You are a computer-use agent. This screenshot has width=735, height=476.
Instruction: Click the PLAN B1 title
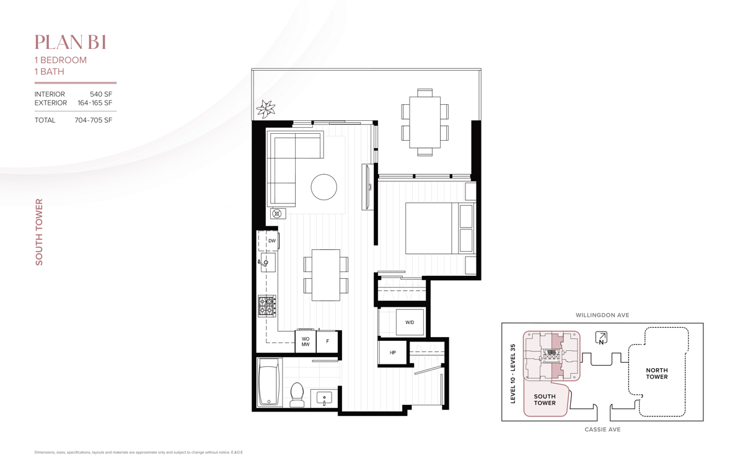pyautogui.click(x=70, y=43)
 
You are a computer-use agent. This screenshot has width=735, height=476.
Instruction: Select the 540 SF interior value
pyautogui.click(x=101, y=94)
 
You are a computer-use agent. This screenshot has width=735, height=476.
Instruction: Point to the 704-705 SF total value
pyautogui.click(x=94, y=120)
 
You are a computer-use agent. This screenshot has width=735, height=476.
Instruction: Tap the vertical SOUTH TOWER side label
pyautogui.click(x=39, y=232)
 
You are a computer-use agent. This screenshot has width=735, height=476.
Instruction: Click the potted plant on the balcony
pyautogui.click(x=266, y=109)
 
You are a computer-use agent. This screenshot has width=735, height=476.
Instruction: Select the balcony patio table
pyautogui.click(x=425, y=122)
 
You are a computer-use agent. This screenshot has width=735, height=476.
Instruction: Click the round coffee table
pyautogui.click(x=323, y=187)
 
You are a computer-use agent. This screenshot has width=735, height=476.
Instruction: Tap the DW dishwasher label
pyautogui.click(x=272, y=241)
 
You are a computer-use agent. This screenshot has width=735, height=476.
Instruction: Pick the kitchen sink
pyautogui.click(x=267, y=263)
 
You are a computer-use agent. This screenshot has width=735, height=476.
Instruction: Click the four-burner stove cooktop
pyautogui.click(x=266, y=306)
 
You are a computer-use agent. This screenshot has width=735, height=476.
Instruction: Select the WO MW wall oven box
pyautogui.click(x=305, y=342)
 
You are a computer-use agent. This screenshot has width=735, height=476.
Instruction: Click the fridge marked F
pyautogui.click(x=327, y=342)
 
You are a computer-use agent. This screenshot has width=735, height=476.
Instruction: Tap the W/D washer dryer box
pyautogui.click(x=410, y=322)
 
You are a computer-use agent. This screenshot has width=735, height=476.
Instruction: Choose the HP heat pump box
pyautogui.click(x=393, y=352)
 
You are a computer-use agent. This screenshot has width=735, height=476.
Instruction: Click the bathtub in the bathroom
pyautogui.click(x=270, y=382)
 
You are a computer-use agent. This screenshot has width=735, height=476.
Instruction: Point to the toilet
pyautogui.click(x=297, y=394)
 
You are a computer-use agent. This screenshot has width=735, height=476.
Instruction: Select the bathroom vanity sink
pyautogui.click(x=324, y=399)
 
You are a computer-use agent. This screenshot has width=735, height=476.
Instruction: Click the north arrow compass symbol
pyautogui.click(x=601, y=338)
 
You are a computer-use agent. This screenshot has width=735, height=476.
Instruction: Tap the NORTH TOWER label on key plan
pyautogui.click(x=657, y=373)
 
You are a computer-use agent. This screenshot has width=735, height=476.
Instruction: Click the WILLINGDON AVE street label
pyautogui.click(x=602, y=315)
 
